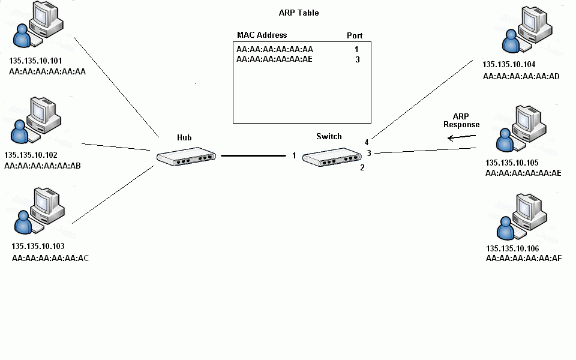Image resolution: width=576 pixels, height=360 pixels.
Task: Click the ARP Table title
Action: click(x=299, y=13)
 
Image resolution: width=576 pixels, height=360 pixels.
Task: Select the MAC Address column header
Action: click(x=262, y=35)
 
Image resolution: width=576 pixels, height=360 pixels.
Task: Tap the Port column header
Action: click(x=355, y=35)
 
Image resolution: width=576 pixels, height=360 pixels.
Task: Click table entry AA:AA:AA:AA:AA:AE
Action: click(x=274, y=59)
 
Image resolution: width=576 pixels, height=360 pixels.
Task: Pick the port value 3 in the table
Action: click(x=357, y=59)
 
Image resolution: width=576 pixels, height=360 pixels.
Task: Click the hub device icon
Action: click(x=185, y=157)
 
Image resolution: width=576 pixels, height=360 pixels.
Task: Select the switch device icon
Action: click(x=332, y=158)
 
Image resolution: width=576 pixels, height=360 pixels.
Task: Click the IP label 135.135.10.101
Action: click(x=36, y=61)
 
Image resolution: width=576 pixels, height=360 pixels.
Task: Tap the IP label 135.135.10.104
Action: click(x=509, y=64)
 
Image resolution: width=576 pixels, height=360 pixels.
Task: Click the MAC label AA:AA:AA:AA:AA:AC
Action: click(x=50, y=258)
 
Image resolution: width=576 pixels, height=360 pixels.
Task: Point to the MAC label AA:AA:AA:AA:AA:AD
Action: click(x=521, y=76)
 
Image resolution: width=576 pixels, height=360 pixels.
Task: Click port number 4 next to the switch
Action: click(x=366, y=142)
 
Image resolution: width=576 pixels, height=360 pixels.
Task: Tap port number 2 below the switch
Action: click(x=362, y=167)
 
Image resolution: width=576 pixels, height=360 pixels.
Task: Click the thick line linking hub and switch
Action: click(x=253, y=156)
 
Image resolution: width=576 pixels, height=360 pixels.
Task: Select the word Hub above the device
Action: click(x=184, y=137)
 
